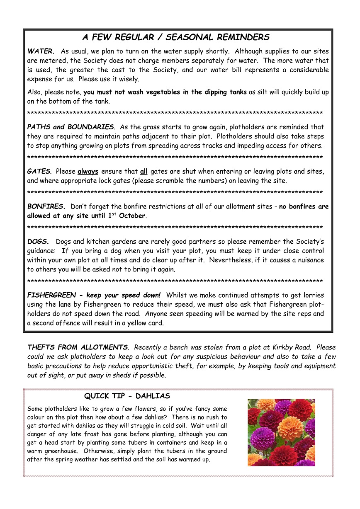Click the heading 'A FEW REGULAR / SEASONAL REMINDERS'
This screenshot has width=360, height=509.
[176, 37]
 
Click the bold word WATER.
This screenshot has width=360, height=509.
[40, 52]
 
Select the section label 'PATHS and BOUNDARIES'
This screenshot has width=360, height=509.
[70, 127]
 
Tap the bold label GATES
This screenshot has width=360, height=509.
[39, 171]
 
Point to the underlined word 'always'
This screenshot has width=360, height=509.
[88, 171]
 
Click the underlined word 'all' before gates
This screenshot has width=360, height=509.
[144, 171]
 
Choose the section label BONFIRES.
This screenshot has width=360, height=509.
[46, 206]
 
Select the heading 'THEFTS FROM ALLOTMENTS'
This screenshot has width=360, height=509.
[77, 347]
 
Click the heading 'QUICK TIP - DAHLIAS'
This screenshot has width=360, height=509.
[127, 396]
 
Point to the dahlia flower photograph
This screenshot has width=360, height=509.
[281, 432]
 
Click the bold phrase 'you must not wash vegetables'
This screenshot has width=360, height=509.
[129, 92]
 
